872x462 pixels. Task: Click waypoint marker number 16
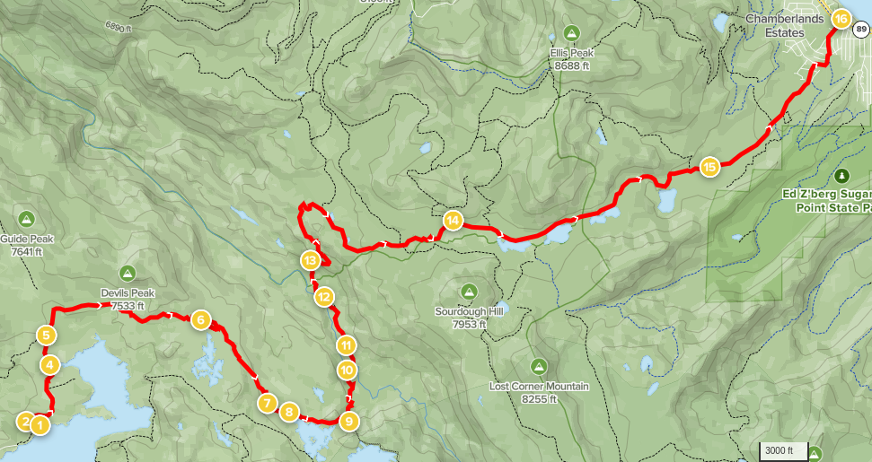pyautogui.click(x=841, y=19)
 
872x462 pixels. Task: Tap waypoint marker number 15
pyautogui.click(x=709, y=167)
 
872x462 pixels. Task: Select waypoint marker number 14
pyautogui.click(x=453, y=220)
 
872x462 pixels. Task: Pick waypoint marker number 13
pyautogui.click(x=310, y=261)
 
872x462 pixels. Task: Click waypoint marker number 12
pyautogui.click(x=324, y=297)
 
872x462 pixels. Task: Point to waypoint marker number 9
pyautogui.click(x=349, y=420)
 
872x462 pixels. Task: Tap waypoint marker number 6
pyautogui.click(x=200, y=319)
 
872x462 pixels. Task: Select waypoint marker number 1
pyautogui.click(x=39, y=425)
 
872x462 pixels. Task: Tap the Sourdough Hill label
pyautogui.click(x=468, y=318)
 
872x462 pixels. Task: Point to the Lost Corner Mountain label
pyautogui.click(x=539, y=387)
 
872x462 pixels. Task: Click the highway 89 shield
pyautogui.click(x=861, y=30)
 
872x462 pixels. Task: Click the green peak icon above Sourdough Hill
pyautogui.click(x=468, y=292)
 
